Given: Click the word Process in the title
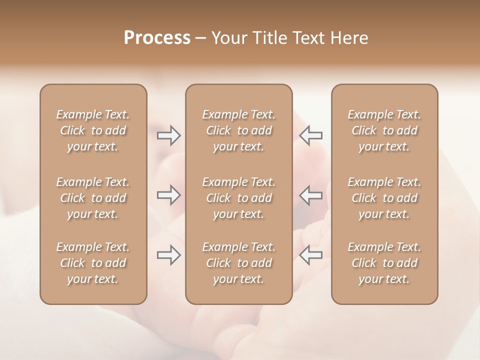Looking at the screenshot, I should tap(157, 38).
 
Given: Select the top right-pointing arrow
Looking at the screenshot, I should tap(169, 135).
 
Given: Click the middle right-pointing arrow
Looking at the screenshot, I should tap(169, 195).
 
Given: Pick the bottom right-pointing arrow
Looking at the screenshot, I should tap(169, 255).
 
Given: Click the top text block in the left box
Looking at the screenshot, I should tap(93, 130).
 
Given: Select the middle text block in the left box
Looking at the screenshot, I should tap(93, 198).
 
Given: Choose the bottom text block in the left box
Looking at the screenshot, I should tap(93, 263).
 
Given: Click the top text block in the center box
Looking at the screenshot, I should tap(239, 130).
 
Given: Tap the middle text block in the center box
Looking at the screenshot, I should tap(239, 198).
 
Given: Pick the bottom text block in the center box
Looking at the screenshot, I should tap(239, 263).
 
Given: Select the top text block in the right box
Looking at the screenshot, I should tap(384, 130).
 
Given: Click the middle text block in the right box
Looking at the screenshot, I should tap(384, 198).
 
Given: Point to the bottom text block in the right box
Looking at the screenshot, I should tap(384, 263).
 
